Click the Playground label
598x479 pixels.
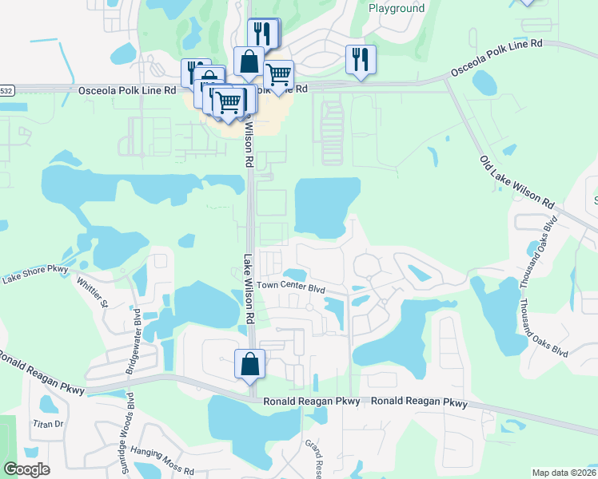[397, 9]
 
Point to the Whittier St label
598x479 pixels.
[92, 291]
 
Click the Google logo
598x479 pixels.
[26, 469]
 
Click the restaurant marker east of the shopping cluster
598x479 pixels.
[361, 59]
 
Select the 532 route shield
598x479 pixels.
[6, 90]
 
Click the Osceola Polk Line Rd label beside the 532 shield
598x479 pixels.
[127, 90]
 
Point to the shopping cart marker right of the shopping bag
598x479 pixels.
[278, 75]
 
